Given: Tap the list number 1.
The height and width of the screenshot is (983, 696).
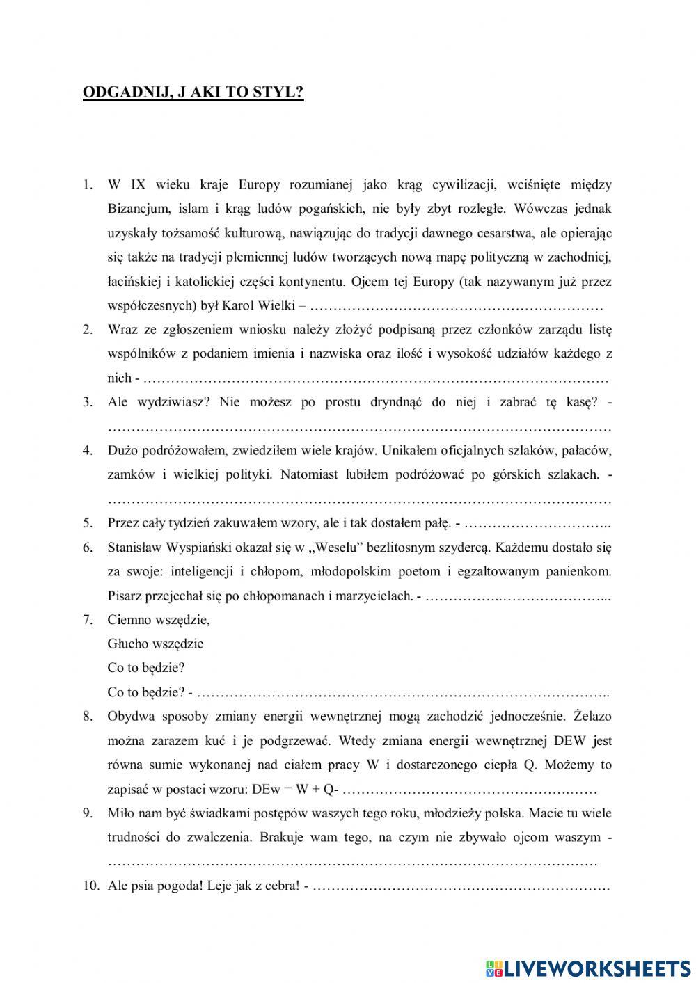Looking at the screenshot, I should click(x=87, y=184).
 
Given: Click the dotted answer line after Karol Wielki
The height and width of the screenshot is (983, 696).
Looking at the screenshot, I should click(x=456, y=306).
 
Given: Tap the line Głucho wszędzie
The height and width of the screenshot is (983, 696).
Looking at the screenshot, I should click(x=155, y=644).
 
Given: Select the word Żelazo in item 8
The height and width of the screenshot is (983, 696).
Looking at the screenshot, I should click(x=592, y=716).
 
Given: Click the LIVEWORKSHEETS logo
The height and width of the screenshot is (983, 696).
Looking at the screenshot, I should click(x=588, y=968).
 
